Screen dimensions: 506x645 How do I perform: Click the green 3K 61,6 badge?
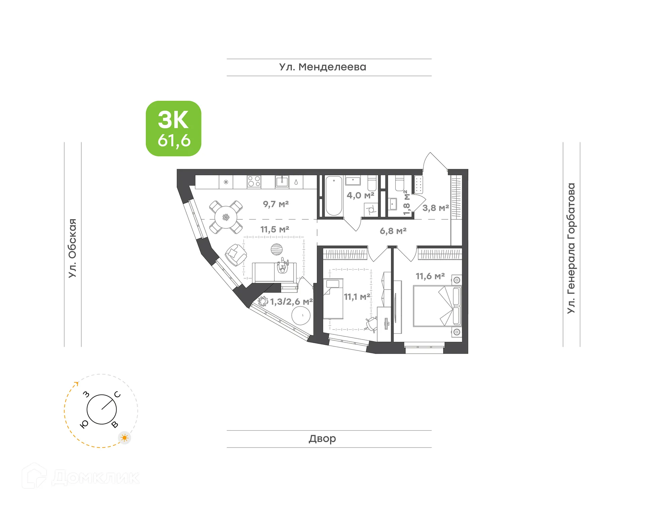point(173,129)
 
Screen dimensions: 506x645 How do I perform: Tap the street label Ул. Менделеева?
point(322,67)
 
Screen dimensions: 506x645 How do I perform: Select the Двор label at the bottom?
point(322,439)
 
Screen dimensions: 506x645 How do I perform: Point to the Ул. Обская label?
point(73,248)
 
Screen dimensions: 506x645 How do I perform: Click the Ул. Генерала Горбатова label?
point(571,248)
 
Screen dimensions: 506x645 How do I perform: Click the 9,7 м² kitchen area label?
point(276,204)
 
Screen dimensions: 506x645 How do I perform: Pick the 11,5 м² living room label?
point(275,230)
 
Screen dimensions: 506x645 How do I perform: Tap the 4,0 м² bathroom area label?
point(360,195)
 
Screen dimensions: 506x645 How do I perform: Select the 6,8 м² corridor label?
point(393,231)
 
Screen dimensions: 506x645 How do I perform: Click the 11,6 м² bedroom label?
point(430,276)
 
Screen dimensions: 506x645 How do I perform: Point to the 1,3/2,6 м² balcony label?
point(292,302)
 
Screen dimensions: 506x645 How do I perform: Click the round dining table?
point(226,217)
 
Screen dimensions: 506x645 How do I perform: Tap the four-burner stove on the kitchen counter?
point(254,182)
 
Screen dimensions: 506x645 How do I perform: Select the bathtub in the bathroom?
point(334,196)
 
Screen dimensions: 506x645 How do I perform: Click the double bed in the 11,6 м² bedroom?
point(437,306)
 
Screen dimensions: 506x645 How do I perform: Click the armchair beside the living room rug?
point(236,255)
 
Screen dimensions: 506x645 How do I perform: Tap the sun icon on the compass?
point(125,438)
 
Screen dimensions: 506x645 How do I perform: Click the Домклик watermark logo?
point(81,477)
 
